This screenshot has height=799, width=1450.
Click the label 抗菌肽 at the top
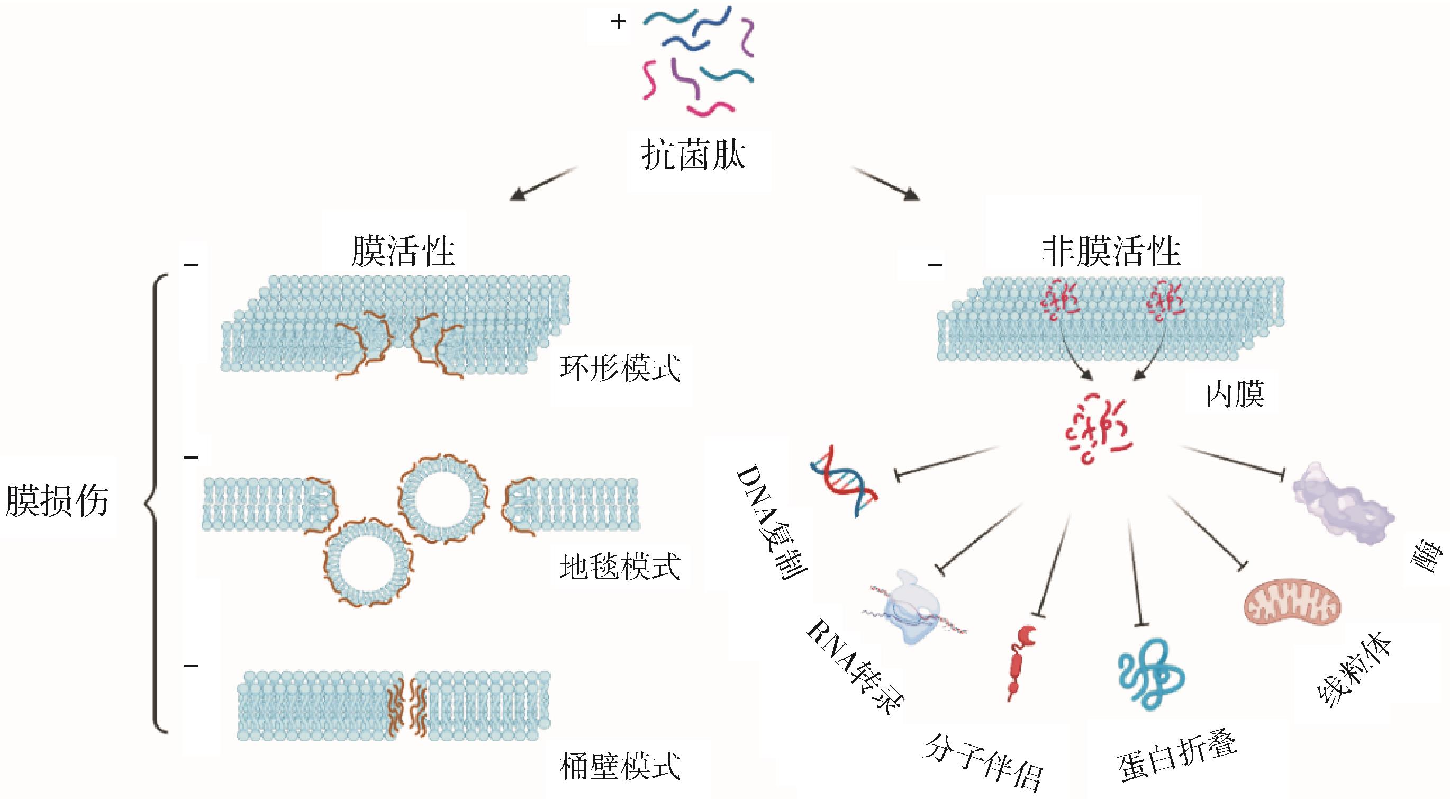(x=693, y=156)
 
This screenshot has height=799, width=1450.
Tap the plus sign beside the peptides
(x=618, y=22)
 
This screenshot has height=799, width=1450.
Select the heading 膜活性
(x=403, y=251)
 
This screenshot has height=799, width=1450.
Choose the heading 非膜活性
(x=1111, y=251)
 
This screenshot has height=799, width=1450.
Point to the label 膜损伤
(x=57, y=500)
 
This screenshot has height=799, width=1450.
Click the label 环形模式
(x=620, y=368)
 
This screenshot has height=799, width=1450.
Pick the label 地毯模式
(x=620, y=567)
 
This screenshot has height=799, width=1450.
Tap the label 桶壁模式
(x=620, y=766)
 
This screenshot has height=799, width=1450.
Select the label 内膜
(x=1235, y=394)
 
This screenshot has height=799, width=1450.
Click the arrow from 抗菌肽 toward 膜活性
(x=542, y=184)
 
